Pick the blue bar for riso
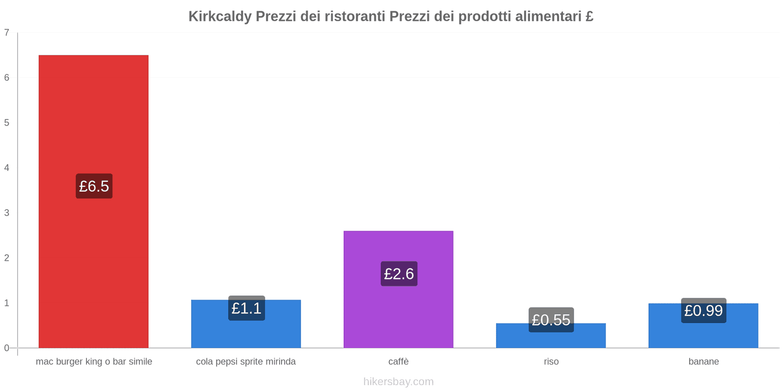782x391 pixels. point(551,340)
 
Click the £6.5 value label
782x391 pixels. point(94,186)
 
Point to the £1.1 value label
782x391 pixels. point(246,308)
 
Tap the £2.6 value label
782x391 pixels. point(399,274)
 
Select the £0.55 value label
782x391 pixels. point(551,320)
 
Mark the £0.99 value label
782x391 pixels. point(703,311)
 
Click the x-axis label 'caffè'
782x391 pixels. point(398,362)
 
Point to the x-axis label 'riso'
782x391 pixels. point(551,362)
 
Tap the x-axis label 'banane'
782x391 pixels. point(703,362)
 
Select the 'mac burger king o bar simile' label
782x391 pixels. point(94,362)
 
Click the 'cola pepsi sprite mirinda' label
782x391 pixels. point(246,362)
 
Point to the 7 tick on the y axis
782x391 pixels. point(7,33)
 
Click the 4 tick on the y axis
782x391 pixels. point(7,168)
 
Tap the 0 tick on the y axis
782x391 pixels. point(7,348)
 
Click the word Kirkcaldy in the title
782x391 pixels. point(220,17)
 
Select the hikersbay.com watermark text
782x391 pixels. point(398,382)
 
